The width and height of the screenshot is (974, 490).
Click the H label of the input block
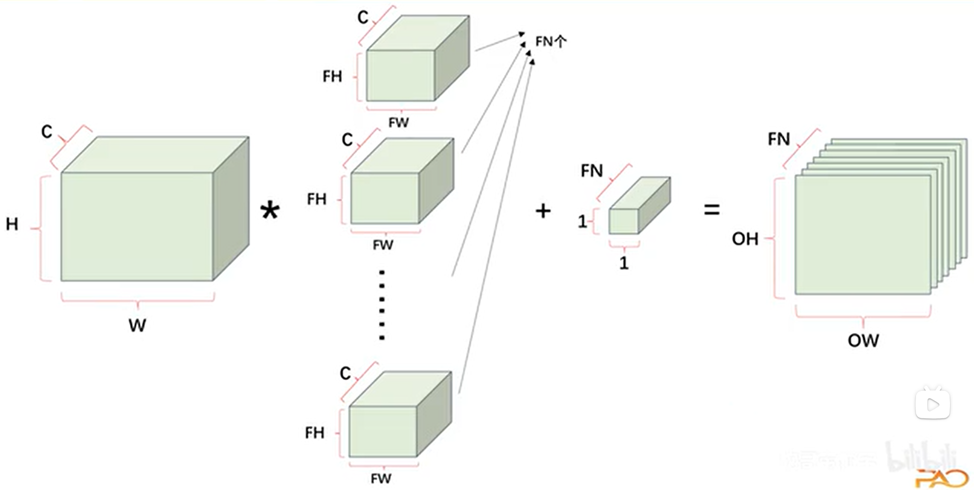click(12, 224)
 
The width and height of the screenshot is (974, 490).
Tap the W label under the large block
click(137, 325)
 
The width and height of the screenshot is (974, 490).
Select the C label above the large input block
click(46, 132)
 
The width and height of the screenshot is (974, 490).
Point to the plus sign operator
click(543, 210)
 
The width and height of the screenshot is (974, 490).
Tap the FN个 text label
click(551, 42)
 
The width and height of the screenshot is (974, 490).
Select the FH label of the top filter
click(332, 77)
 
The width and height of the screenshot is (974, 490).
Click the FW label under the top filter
click(398, 122)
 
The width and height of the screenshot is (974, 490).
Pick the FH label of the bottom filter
click(314, 433)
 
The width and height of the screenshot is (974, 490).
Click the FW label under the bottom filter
click(381, 478)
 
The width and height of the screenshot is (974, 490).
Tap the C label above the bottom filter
click(345, 374)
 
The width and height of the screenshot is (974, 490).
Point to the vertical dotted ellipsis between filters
click(382, 305)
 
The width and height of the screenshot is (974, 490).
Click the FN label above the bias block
click(592, 171)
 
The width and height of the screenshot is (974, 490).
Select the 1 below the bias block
click(624, 263)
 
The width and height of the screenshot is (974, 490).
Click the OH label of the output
click(745, 239)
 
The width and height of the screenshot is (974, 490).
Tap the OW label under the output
click(863, 341)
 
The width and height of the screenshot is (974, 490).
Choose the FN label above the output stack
click(779, 139)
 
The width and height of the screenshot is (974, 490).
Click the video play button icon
click(933, 405)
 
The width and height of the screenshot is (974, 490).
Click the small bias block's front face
click(624, 222)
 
